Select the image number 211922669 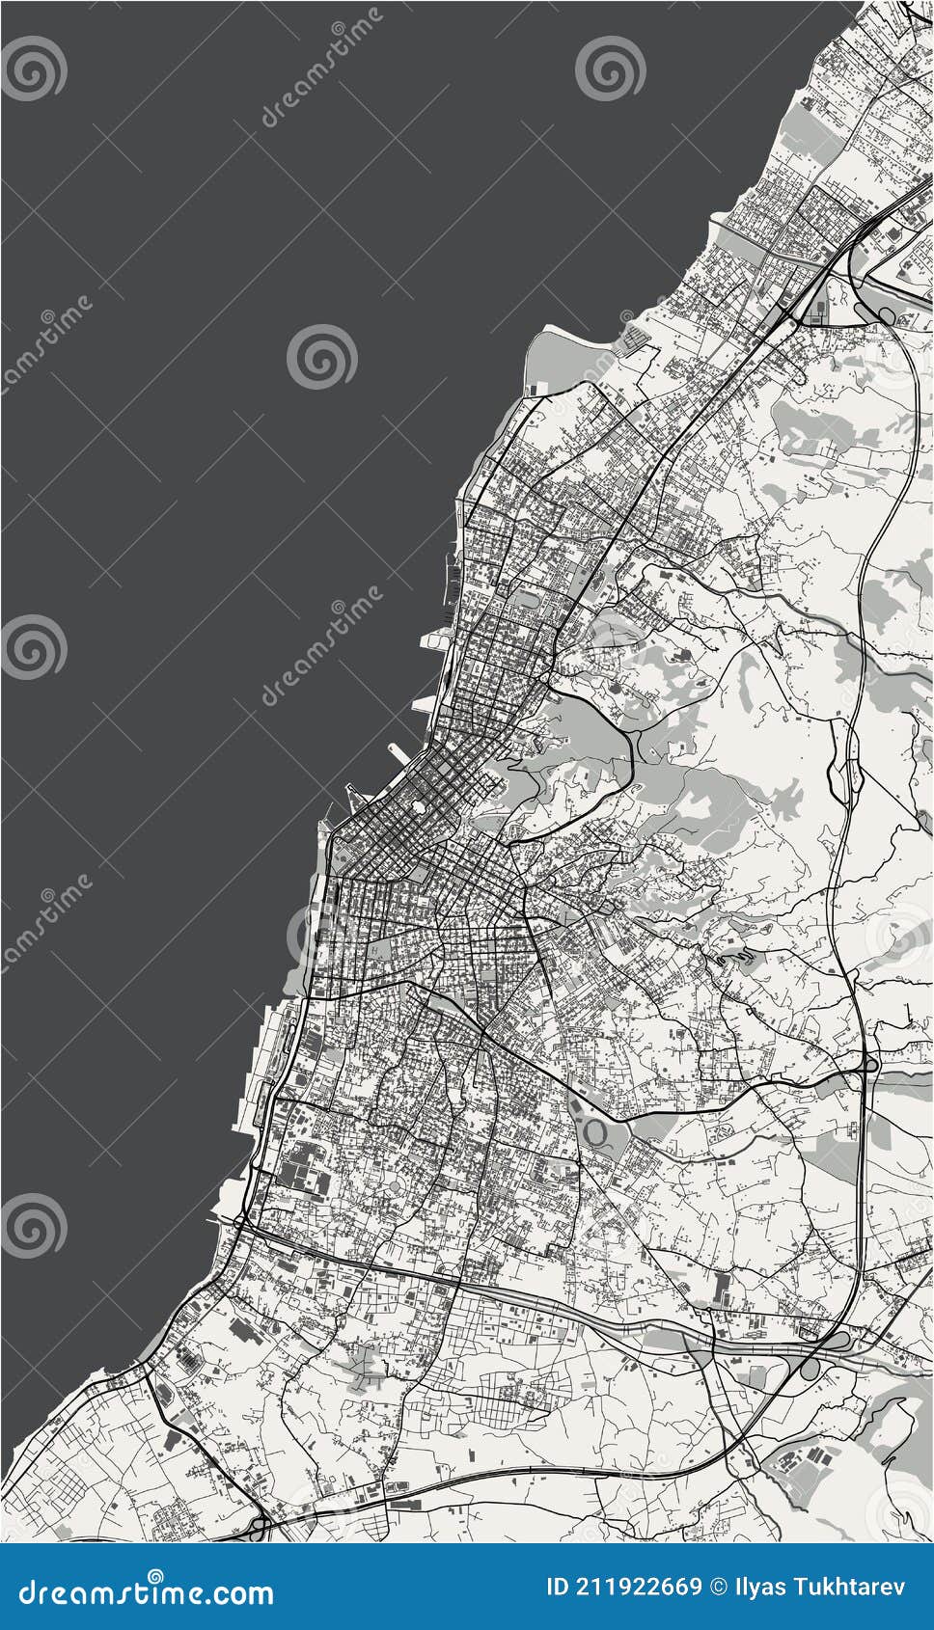(x=640, y=1587)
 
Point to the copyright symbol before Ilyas (x=719, y=1587)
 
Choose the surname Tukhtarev (x=848, y=1587)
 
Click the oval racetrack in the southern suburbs (x=595, y=1129)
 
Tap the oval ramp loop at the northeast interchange (x=885, y=314)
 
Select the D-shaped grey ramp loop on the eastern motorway (x=870, y=1065)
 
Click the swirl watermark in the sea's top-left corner (x=34, y=68)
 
